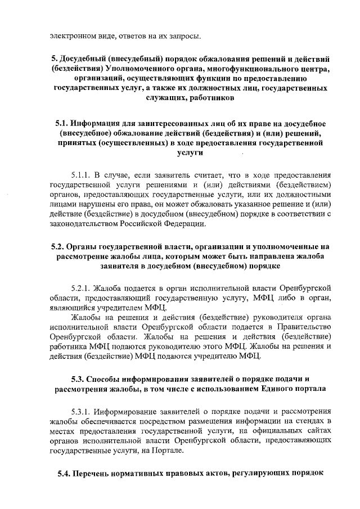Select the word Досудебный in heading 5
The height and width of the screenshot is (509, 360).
tap(86, 59)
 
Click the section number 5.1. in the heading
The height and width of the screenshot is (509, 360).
tap(64, 123)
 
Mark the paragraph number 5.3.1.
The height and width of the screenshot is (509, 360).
tap(82, 411)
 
